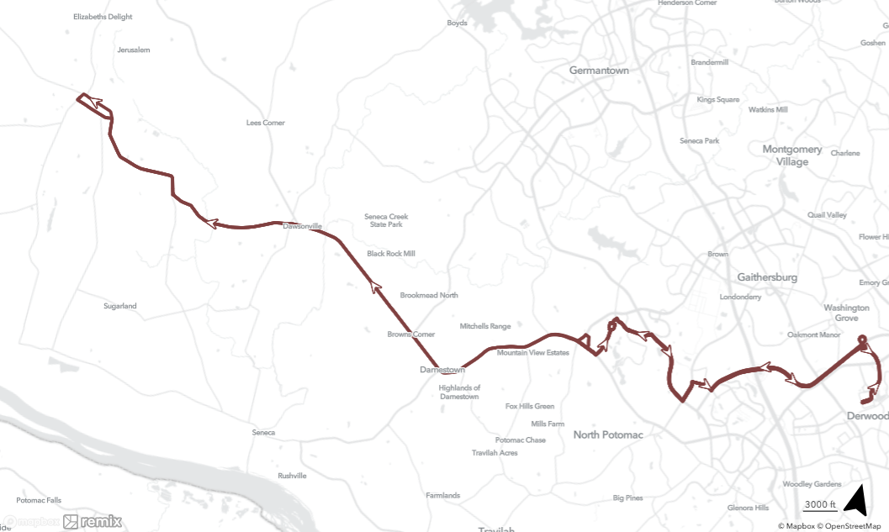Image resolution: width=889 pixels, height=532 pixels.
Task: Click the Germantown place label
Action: pyautogui.click(x=599, y=71)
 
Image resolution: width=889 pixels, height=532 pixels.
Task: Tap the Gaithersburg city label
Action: pyautogui.click(x=767, y=277)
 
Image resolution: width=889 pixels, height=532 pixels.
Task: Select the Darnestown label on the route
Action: pyautogui.click(x=442, y=370)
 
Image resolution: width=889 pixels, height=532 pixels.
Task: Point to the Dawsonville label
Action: pyautogui.click(x=303, y=226)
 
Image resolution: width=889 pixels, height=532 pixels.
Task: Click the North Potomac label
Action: pyautogui.click(x=608, y=435)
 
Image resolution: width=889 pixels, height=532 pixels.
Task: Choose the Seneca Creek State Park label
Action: pyautogui.click(x=387, y=220)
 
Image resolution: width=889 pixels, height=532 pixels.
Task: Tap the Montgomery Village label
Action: pyautogui.click(x=792, y=155)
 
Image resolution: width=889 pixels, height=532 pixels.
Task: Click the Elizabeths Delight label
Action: pyautogui.click(x=103, y=17)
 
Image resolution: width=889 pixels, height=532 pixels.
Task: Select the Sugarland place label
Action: pyautogui.click(x=120, y=306)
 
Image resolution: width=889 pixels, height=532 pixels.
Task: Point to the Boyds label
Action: pyautogui.click(x=457, y=24)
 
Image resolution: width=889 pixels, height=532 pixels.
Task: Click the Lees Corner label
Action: pyautogui.click(x=266, y=123)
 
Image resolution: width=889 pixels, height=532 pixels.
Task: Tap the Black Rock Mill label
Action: pyautogui.click(x=391, y=254)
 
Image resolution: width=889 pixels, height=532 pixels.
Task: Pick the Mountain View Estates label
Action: pyautogui.click(x=533, y=353)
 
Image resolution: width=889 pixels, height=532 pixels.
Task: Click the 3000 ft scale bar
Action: pyautogui.click(x=819, y=505)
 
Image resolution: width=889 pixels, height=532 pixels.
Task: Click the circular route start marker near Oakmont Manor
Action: pyautogui.click(x=861, y=340)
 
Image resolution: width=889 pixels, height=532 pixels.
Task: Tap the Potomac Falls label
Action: pyautogui.click(x=39, y=500)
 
